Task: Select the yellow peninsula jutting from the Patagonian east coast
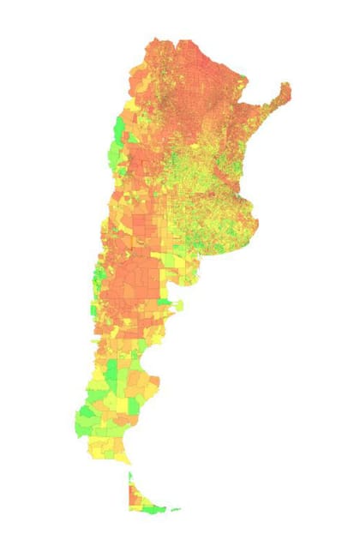coord(177,303)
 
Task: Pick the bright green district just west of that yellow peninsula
coord(164,301)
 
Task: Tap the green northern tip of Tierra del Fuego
coord(130,477)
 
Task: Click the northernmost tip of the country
coord(155,39)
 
